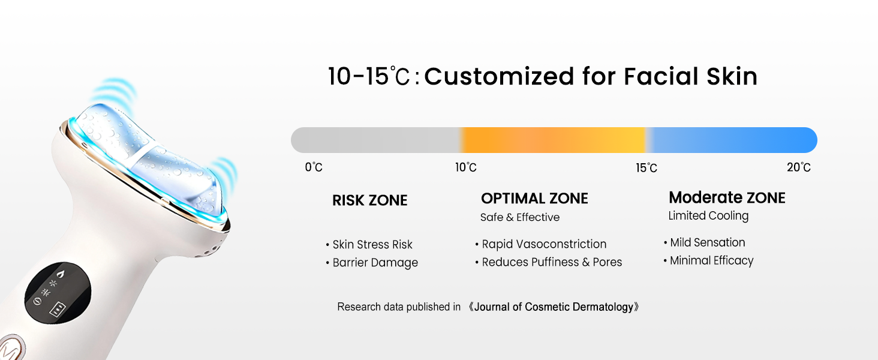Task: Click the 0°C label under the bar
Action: [x=314, y=167]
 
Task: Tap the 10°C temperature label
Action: [x=466, y=167]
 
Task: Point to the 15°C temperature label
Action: [x=647, y=168]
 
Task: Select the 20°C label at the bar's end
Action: [x=799, y=167]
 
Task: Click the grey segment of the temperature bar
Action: [x=375, y=140]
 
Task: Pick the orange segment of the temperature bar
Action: [x=552, y=140]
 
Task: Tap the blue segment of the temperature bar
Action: [x=732, y=140]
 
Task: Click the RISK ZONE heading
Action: [x=369, y=200]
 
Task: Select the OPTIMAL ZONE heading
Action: [x=534, y=199]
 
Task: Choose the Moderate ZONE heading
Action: [x=727, y=197]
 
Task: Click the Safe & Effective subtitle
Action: [x=519, y=217]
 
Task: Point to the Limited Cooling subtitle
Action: [x=708, y=215]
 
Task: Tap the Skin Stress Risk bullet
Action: [x=372, y=244]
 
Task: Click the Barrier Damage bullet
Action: [x=375, y=262]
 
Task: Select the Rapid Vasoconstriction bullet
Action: [x=544, y=244]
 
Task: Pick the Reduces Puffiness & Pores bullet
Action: [x=552, y=262]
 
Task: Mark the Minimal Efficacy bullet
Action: [x=711, y=260]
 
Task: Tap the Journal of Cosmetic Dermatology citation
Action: [x=554, y=307]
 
